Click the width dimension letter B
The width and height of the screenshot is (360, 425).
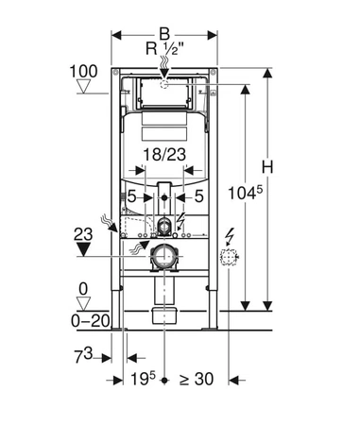tap(164, 34)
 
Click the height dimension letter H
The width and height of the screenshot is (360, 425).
tap(267, 167)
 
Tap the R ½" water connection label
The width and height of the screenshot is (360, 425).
tap(164, 49)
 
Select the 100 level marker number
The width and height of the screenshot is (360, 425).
tap(83, 72)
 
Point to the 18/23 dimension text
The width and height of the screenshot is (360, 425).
tap(164, 155)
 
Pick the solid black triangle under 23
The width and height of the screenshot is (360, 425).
tap(83, 249)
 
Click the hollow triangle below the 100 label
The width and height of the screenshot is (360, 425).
tap(84, 86)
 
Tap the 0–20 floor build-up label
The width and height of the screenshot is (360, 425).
tap(91, 321)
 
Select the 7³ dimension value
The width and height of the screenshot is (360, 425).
tap(83, 356)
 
